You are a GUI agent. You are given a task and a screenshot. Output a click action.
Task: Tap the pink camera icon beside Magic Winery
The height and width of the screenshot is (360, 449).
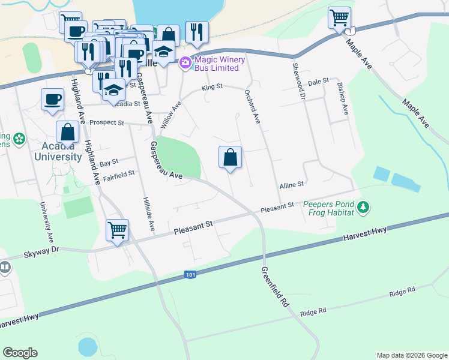(185, 62)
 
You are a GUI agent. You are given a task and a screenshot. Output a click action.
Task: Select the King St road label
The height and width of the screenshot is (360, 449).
(212, 87)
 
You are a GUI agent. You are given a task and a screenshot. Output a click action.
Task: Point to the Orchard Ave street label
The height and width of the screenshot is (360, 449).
(252, 107)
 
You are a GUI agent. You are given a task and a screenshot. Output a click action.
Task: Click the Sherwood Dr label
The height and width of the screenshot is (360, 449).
(298, 80)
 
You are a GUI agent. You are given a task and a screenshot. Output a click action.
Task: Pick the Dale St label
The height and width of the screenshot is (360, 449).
(319, 80)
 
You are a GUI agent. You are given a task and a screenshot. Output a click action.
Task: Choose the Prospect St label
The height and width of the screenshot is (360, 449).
(106, 122)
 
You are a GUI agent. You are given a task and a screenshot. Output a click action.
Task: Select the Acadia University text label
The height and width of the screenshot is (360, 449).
(53, 152)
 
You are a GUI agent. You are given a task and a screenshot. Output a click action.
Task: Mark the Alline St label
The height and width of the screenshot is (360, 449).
(293, 185)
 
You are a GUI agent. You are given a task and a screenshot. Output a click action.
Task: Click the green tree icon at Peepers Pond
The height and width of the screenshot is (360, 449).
(363, 208)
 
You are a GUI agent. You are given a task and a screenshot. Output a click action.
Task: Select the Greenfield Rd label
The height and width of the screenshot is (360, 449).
(274, 286)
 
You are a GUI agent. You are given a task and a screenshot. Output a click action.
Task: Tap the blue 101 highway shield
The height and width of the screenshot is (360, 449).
(190, 275)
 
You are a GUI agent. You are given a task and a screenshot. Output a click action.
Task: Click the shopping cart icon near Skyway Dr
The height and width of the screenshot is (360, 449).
(118, 229)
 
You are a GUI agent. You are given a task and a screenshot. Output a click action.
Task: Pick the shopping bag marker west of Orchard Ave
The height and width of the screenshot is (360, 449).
(230, 158)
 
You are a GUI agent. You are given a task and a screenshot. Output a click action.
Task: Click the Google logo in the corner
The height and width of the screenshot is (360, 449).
(20, 353)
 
